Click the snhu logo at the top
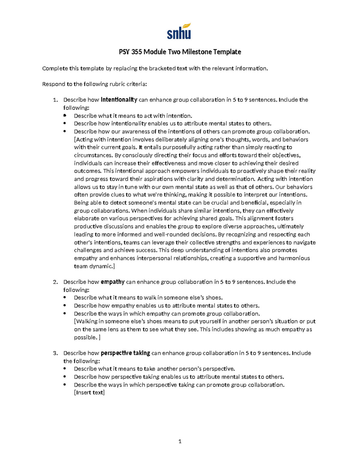click(x=179, y=32)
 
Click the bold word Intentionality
click(x=119, y=100)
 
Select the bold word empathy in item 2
click(x=112, y=282)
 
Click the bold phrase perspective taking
click(x=125, y=353)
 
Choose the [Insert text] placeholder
click(x=89, y=392)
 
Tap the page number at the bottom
click(x=180, y=441)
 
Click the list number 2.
click(x=55, y=282)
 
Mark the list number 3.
click(x=55, y=353)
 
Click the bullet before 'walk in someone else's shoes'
click(x=65, y=298)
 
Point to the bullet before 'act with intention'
click(x=65, y=116)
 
